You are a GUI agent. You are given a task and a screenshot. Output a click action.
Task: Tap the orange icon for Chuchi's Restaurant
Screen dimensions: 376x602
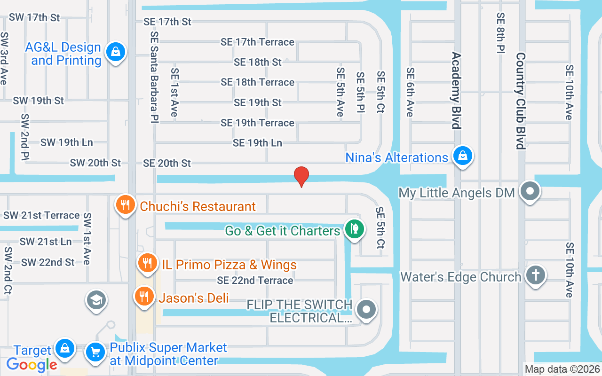[125, 205]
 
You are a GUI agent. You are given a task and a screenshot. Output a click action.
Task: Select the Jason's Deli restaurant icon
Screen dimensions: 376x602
[144, 297]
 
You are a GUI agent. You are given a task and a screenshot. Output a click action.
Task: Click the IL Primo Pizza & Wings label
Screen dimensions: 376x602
[229, 265]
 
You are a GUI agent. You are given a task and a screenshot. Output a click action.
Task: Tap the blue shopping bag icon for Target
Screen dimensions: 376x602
[65, 348]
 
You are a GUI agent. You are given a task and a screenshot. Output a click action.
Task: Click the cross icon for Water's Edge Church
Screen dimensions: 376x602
[535, 275]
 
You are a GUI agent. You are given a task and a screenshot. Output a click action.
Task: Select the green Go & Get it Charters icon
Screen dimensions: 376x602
[355, 229]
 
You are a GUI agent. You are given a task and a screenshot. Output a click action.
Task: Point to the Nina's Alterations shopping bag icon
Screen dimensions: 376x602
[463, 156]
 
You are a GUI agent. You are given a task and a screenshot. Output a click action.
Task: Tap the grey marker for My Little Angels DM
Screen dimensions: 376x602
[531, 192]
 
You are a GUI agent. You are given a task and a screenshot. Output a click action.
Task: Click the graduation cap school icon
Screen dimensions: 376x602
[96, 299]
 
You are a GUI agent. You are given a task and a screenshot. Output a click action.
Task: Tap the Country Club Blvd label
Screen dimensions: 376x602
[520, 101]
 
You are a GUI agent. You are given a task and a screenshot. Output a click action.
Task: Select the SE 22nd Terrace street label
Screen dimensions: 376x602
[255, 280]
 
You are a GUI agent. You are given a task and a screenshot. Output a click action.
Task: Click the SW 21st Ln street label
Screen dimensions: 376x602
[46, 242]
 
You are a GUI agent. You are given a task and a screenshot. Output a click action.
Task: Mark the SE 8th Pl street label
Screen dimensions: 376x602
[500, 33]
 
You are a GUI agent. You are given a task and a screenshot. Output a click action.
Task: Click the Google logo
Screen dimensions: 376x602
[32, 364]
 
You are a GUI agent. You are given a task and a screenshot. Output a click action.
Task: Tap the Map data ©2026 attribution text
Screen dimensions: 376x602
[562, 369]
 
